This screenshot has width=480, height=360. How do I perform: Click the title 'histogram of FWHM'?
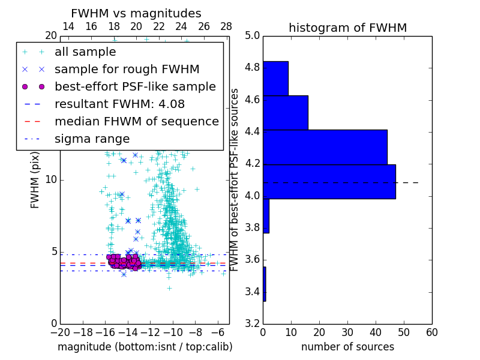coord(347,28)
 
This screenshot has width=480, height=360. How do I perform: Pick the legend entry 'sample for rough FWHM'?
coord(127,70)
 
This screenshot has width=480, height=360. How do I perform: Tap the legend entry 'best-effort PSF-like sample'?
coord(135,86)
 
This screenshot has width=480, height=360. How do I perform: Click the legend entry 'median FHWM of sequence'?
coord(136,121)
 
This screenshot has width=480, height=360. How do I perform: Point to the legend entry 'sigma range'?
coord(92,139)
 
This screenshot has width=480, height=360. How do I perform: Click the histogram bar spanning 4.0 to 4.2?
coord(329,181)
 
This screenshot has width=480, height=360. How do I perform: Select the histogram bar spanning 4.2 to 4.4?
coord(325,147)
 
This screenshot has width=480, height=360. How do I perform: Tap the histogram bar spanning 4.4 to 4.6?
coord(285,112)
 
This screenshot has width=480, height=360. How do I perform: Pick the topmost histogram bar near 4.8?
coord(275,78)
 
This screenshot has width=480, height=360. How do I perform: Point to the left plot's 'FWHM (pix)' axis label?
coord(35,179)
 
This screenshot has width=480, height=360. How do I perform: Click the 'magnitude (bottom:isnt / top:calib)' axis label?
coord(145,347)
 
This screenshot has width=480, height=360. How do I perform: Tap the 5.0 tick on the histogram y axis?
coord(253,35)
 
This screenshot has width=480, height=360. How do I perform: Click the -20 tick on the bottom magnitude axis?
coord(60,332)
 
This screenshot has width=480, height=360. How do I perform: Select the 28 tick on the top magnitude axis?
coord(226,26)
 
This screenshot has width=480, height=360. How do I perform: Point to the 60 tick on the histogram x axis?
coord(431,332)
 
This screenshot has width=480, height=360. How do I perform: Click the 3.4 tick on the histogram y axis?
coord(253,292)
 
